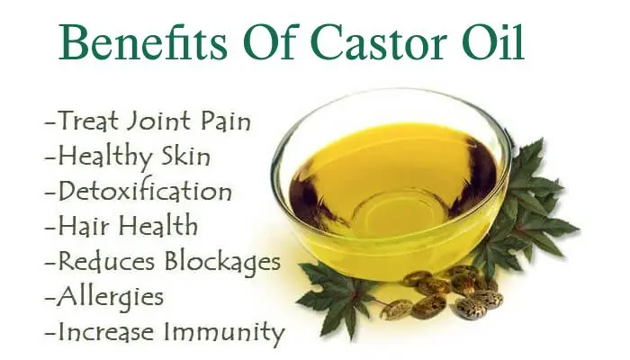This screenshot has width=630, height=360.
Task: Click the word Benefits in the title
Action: pyautogui.click(x=143, y=42)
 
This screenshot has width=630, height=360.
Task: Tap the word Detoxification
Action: pyautogui.click(x=145, y=191)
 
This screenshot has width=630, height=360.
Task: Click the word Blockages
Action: pyautogui.click(x=222, y=261)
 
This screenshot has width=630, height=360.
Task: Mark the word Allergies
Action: pyautogui.click(x=111, y=298)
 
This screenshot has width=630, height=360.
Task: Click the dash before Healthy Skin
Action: pyautogui.click(x=50, y=157)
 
